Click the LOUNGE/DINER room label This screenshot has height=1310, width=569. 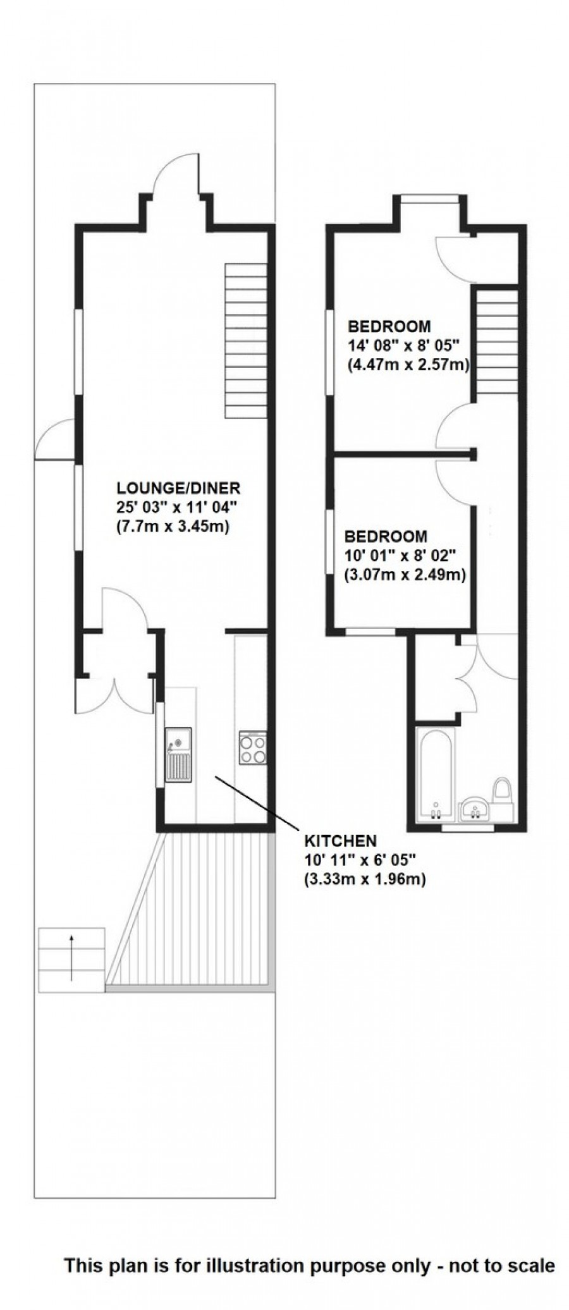click(x=178, y=487)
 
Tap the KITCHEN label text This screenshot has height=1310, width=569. click(x=340, y=841)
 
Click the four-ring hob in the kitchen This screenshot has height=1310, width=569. click(x=252, y=747)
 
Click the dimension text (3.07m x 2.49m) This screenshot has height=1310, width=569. click(x=405, y=575)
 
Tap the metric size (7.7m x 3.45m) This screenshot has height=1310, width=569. click(x=172, y=525)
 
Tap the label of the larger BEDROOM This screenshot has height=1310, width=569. click(x=389, y=327)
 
